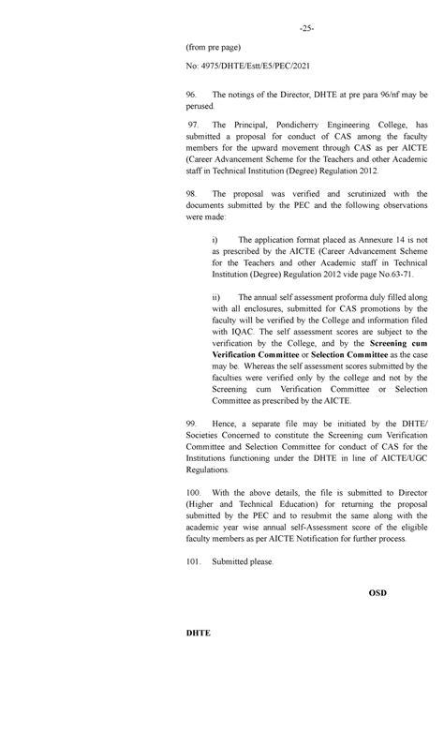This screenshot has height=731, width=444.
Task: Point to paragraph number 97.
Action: [x=193, y=125]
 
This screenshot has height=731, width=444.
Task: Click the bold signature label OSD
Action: [x=377, y=594]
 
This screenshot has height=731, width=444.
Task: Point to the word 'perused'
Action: [x=203, y=108]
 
